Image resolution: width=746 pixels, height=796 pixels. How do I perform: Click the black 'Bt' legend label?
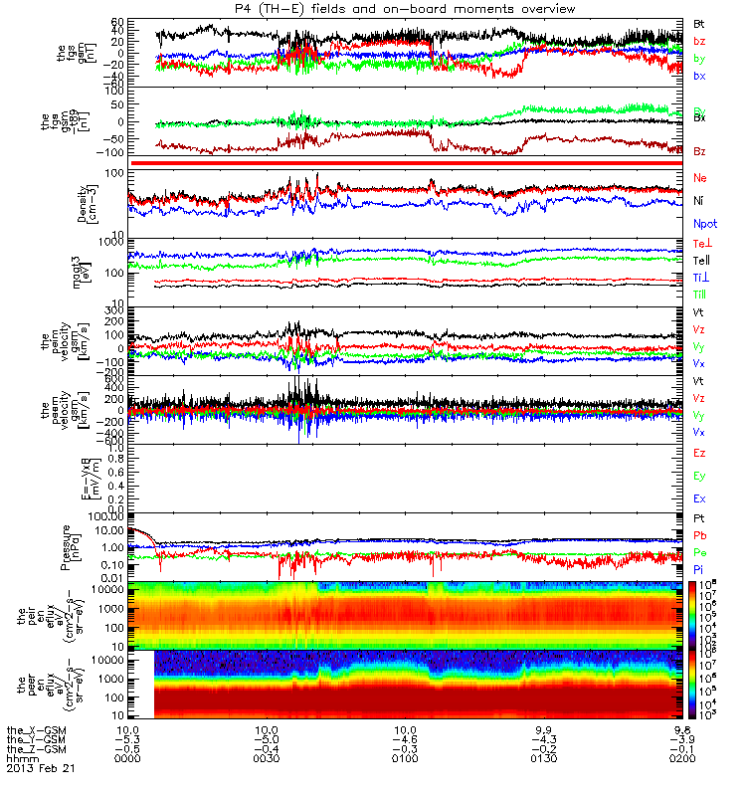point(699,23)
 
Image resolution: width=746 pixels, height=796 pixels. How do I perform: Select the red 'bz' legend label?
point(699,41)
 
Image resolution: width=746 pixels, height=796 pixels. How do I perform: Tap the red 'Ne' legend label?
point(700,177)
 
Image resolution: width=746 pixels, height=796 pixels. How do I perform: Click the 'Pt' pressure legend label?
point(699,519)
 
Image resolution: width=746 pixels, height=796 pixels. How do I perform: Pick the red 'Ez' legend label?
point(699,453)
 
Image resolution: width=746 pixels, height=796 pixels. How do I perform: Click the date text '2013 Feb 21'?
point(41,768)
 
